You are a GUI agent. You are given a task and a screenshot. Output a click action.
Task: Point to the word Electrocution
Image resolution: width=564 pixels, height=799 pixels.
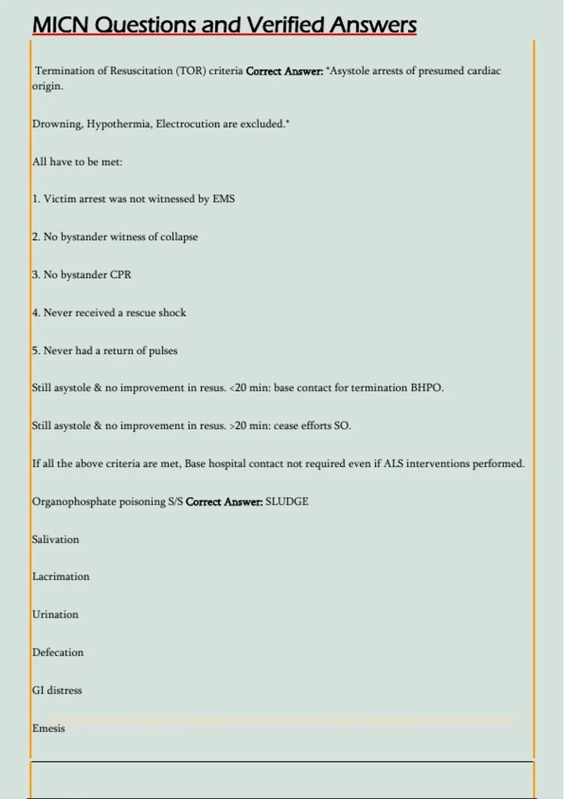click(188, 124)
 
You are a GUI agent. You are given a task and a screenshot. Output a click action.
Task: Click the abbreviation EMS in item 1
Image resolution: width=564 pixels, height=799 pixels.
click(223, 199)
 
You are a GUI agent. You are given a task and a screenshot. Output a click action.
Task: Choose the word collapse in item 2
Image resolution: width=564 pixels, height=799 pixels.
click(179, 237)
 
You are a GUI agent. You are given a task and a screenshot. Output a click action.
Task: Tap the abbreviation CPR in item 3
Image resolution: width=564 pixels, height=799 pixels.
click(120, 275)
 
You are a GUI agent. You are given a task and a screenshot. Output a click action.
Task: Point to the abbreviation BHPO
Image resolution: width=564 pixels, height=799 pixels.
click(426, 388)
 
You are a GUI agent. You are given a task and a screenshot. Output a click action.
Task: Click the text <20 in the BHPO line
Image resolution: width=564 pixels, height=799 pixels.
click(238, 388)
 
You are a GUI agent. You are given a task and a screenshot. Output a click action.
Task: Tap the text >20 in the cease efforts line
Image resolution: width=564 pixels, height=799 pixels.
click(238, 426)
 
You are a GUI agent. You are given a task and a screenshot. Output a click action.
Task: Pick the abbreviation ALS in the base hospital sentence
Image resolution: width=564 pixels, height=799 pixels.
click(393, 464)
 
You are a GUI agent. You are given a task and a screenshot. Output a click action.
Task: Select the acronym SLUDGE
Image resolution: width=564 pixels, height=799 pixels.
click(287, 501)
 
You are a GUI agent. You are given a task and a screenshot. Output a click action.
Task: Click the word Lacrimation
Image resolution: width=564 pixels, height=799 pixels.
click(61, 577)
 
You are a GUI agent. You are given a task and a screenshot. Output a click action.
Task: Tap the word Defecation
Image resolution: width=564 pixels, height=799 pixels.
click(58, 652)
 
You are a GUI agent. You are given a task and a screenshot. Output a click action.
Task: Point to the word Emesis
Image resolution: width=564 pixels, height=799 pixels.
click(48, 728)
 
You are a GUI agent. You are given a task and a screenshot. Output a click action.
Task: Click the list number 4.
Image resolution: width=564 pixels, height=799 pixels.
click(36, 313)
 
